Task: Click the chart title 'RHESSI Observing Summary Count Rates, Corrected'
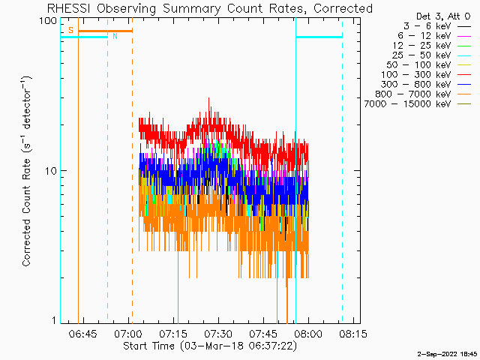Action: pyautogui.click(x=210, y=8)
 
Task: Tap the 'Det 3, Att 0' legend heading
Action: pyautogui.click(x=443, y=16)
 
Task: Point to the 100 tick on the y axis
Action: pyautogui.click(x=48, y=21)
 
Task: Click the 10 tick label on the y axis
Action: pyautogui.click(x=51, y=171)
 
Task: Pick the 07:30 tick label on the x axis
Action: pyautogui.click(x=218, y=334)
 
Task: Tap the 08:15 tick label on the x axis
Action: pyautogui.click(x=353, y=334)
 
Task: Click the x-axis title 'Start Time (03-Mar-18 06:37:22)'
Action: pyautogui.click(x=210, y=346)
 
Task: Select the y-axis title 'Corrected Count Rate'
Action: pyautogui.click(x=26, y=212)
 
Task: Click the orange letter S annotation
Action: pyautogui.click(x=71, y=30)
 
